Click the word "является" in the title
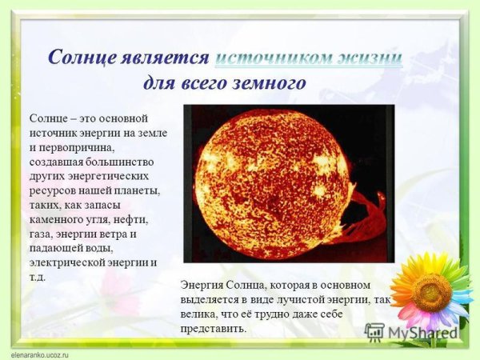click(x=166, y=58)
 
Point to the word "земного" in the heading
click(x=270, y=82)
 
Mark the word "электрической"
click(x=66, y=262)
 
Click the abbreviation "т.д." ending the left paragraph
click(x=38, y=277)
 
